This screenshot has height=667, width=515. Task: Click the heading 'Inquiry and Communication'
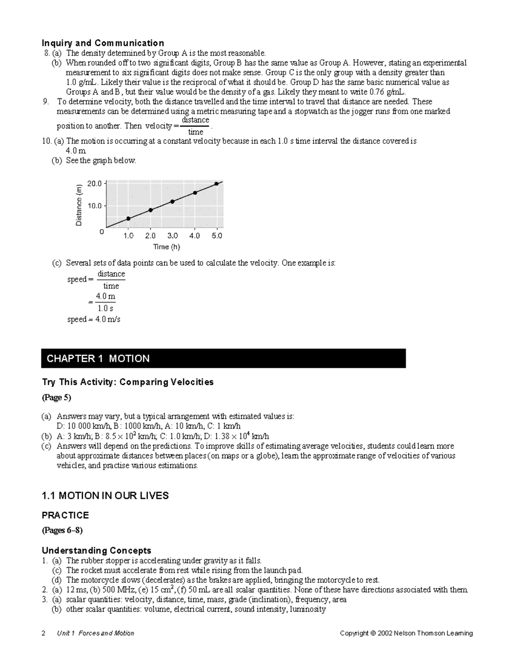(103, 43)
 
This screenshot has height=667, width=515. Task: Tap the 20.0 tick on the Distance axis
(94, 183)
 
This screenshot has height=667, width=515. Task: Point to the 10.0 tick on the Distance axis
(94, 206)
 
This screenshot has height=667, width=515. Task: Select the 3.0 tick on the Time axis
(173, 236)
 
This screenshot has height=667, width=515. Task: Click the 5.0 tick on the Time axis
(217, 236)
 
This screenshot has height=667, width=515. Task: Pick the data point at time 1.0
(128, 219)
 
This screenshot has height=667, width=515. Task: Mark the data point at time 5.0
(217, 184)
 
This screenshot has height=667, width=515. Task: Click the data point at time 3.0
(173, 201)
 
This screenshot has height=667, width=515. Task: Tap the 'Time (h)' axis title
(167, 247)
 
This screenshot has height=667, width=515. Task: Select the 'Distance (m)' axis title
(79, 205)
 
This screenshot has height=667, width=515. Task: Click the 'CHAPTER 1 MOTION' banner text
(98, 359)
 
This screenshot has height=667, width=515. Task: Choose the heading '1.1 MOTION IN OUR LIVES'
(105, 496)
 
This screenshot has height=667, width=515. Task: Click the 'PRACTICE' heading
(65, 515)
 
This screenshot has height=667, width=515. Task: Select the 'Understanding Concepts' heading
(96, 551)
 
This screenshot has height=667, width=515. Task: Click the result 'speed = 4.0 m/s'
(94, 320)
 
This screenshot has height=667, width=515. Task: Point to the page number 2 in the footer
(43, 633)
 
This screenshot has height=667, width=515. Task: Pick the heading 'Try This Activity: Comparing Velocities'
(127, 382)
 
